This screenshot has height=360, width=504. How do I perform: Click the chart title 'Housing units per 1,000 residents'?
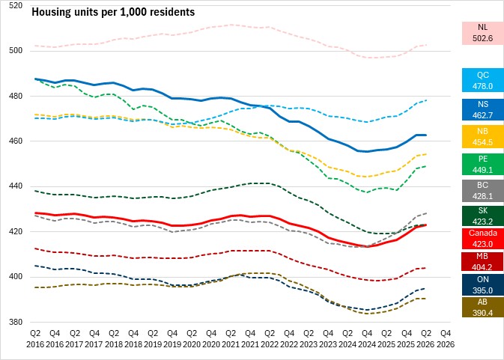(113, 12)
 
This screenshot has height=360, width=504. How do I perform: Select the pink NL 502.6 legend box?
(483, 33)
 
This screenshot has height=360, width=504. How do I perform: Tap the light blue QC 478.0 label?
(483, 80)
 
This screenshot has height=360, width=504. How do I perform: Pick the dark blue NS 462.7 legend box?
(483, 110)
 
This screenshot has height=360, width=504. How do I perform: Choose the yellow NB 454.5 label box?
(483, 137)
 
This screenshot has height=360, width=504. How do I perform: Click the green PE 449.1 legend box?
(483, 164)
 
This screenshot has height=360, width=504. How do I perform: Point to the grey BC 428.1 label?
(483, 190)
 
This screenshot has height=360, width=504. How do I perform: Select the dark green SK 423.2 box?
(483, 216)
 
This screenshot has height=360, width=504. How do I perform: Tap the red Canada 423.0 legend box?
(483, 239)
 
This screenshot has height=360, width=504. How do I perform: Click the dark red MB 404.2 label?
(483, 262)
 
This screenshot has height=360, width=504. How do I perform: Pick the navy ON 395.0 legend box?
(483, 285)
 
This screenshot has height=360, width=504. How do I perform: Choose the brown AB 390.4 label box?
(483, 308)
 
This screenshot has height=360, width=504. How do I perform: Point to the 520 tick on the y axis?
(16, 5)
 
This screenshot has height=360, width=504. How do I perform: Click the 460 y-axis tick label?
(16, 141)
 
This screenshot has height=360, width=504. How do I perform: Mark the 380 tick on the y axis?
(16, 322)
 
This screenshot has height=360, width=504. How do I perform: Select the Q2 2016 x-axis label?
(35, 339)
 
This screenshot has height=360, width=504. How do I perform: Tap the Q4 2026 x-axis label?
(446, 339)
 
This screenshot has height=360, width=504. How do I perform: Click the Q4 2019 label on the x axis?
(172, 339)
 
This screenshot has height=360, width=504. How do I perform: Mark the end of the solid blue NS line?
(426, 135)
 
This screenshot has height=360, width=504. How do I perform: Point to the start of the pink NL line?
(35, 46)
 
